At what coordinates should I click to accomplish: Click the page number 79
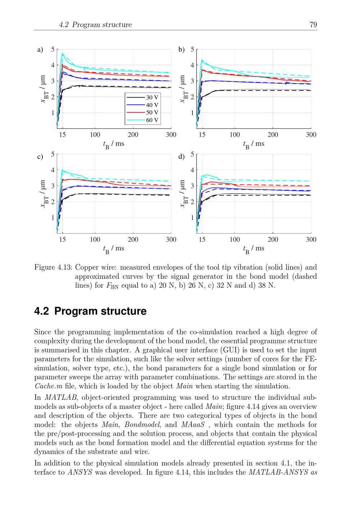point(313,24)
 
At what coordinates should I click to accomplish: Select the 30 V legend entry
point(143,97)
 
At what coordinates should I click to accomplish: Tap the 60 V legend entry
point(143,120)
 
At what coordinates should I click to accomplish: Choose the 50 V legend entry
point(143,112)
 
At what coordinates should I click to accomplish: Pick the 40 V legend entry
point(143,105)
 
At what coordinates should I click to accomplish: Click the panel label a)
point(40,50)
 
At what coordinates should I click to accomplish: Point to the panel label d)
point(181,157)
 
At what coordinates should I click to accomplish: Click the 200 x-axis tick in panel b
point(273,135)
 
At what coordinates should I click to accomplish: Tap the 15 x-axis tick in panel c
point(63,239)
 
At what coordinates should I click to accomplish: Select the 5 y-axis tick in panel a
point(53,49)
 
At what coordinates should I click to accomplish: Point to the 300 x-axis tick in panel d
point(311,239)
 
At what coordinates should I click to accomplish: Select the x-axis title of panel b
point(254,144)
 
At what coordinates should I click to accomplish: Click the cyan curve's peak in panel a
point(62,54)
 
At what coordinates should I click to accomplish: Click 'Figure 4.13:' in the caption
point(53,267)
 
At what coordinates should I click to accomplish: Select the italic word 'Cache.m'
point(48,386)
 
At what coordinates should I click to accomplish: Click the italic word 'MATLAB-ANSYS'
point(277,472)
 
